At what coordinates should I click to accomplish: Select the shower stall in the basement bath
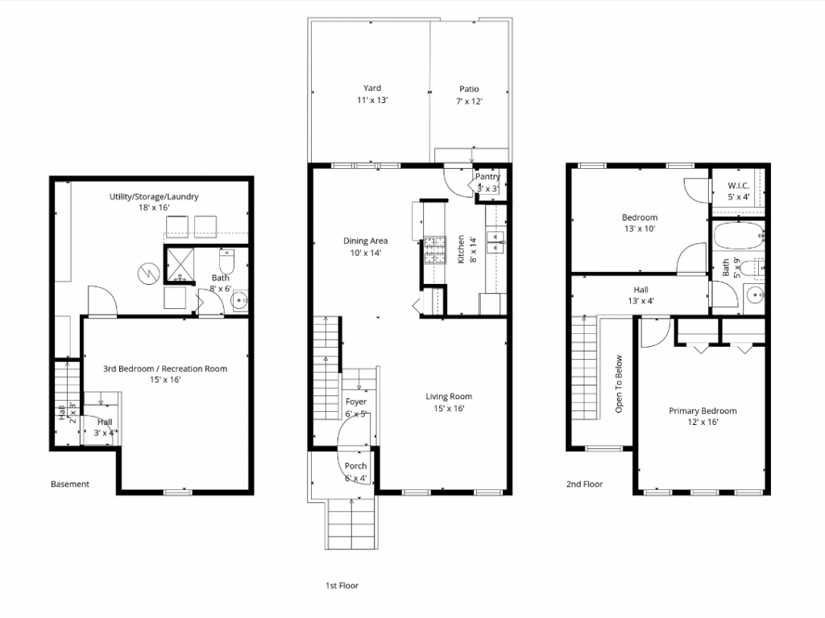click(x=180, y=266)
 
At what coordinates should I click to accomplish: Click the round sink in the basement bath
click(x=238, y=302)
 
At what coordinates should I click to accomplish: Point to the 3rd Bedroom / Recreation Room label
click(x=165, y=374)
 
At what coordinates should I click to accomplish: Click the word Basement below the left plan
click(x=70, y=484)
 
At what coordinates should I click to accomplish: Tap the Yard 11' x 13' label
click(x=371, y=94)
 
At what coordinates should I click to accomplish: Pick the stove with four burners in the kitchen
click(x=434, y=249)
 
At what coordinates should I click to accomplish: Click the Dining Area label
click(x=367, y=246)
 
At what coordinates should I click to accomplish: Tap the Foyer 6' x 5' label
click(x=356, y=407)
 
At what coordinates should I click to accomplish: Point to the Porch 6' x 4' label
click(x=355, y=472)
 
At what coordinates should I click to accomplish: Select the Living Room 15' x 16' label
click(x=449, y=402)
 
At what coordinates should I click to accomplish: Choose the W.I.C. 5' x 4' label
click(x=739, y=190)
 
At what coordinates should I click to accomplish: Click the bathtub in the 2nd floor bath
click(x=736, y=237)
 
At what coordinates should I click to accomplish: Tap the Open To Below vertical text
click(x=619, y=384)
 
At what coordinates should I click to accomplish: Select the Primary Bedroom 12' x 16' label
click(x=703, y=416)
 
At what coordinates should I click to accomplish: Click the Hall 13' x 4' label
click(x=641, y=295)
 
